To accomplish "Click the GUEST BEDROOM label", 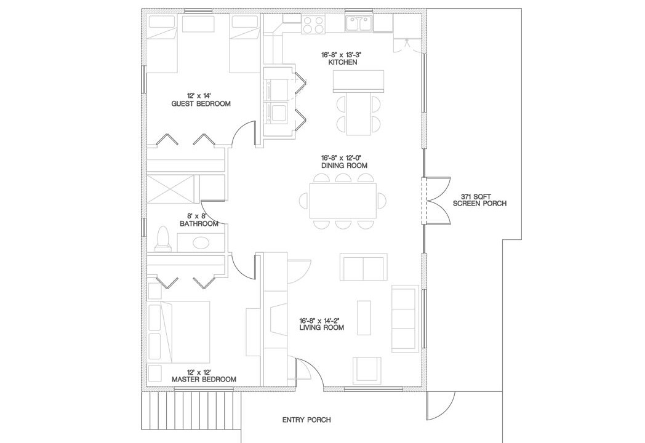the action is (x=201, y=103).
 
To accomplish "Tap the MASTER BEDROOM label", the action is (x=204, y=379).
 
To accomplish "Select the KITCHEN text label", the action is (x=342, y=62).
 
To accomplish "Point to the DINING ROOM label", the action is (x=344, y=166).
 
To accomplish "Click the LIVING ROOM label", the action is (x=322, y=327).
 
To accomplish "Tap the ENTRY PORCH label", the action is (x=306, y=420).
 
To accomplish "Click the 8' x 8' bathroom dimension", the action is (x=199, y=217).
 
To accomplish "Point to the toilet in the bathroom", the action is (x=163, y=239).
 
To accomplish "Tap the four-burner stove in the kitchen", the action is (x=313, y=24).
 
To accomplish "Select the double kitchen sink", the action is (x=359, y=23).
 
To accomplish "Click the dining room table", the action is (x=343, y=201).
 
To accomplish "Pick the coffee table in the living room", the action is (x=364, y=317).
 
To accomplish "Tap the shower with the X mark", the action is (x=170, y=189).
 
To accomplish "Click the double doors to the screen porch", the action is (x=436, y=201).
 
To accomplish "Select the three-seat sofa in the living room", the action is (x=405, y=319).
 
